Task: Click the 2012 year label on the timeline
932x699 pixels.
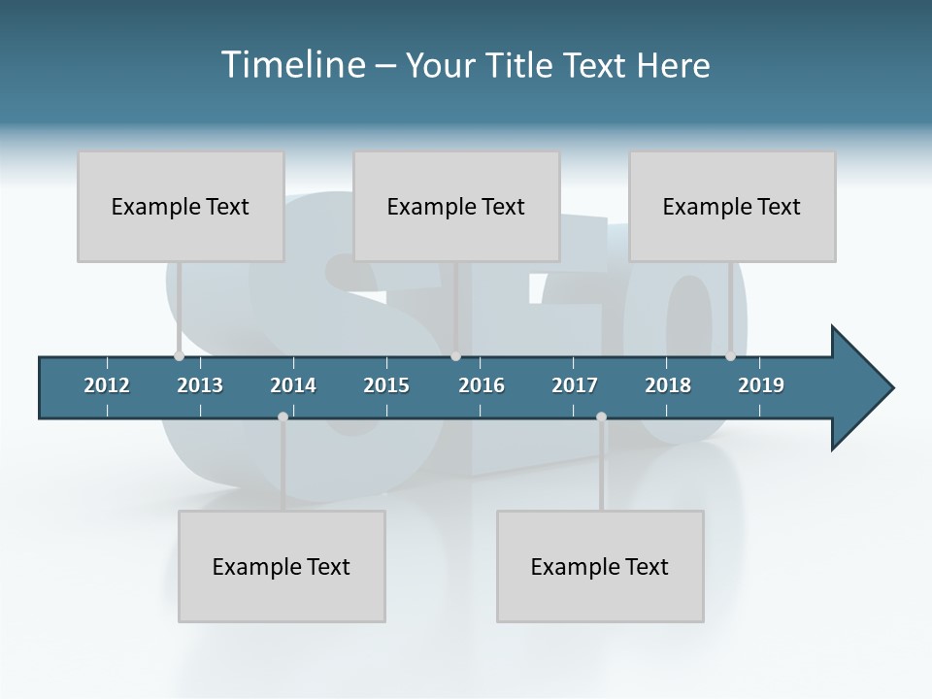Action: [x=107, y=385]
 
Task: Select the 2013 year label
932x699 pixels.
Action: [x=200, y=385]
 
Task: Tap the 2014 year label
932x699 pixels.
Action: [x=293, y=385]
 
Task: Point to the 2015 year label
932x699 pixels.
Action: [x=386, y=385]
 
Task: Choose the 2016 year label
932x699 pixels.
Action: [x=482, y=385]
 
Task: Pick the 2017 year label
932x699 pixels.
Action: [x=575, y=385]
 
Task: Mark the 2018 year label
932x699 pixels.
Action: [x=668, y=385]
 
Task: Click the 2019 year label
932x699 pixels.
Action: [x=761, y=385]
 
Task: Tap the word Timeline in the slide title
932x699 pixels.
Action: [x=293, y=65]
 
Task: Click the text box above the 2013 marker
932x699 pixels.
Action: [x=181, y=206]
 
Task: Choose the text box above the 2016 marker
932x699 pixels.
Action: [x=456, y=206]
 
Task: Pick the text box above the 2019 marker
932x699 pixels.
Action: [x=732, y=206]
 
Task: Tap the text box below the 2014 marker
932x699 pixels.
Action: [x=282, y=566]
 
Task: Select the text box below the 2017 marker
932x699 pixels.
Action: [x=600, y=566]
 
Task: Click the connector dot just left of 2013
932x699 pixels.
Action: [x=179, y=356]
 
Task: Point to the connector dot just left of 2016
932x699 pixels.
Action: [x=456, y=356]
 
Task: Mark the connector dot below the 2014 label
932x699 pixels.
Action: [x=283, y=416]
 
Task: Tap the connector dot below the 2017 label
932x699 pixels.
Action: [x=601, y=416]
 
